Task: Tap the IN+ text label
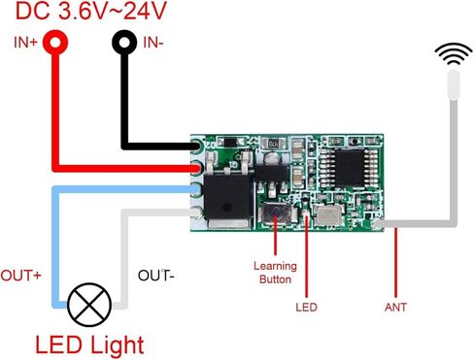(25, 43)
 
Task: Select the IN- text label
(153, 43)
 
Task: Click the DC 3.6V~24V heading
(91, 11)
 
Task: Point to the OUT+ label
(20, 276)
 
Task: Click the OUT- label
(156, 276)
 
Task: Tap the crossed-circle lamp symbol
(89, 305)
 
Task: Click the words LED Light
(89, 345)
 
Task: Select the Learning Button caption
(275, 273)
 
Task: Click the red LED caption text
(306, 307)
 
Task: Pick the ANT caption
(395, 307)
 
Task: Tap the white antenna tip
(454, 84)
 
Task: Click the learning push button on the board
(276, 213)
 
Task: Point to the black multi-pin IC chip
(349, 168)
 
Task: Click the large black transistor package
(228, 197)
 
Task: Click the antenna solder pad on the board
(378, 224)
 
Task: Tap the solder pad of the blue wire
(195, 189)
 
